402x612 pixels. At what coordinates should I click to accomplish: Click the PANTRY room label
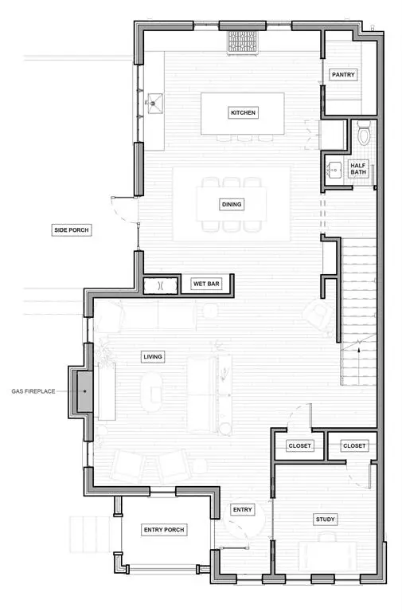point(343,75)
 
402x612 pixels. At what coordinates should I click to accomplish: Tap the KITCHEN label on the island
point(243,113)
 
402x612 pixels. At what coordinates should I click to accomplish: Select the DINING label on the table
point(232,204)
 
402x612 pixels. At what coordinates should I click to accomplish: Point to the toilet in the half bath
point(364,133)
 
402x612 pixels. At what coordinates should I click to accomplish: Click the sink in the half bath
point(334,170)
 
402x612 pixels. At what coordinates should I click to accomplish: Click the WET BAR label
point(205,284)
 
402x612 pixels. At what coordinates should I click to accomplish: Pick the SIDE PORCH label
point(72,230)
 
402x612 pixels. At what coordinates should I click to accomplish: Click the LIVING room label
point(152,356)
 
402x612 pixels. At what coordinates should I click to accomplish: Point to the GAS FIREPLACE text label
point(33,391)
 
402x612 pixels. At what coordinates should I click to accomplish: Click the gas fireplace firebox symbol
point(84,391)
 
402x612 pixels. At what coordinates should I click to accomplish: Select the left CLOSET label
point(299,446)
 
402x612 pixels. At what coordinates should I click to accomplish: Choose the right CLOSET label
point(353,446)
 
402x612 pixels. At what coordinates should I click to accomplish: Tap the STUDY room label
point(325,520)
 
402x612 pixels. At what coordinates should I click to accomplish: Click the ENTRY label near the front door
point(242,509)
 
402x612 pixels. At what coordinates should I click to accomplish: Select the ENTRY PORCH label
point(163,530)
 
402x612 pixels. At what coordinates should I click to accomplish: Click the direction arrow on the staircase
point(358,347)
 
